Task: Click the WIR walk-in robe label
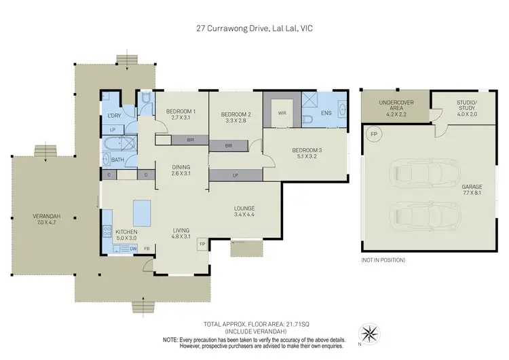click(x=282, y=113)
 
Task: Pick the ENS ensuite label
click(x=326, y=113)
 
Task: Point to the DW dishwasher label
click(x=133, y=249)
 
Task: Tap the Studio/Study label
click(x=466, y=107)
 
